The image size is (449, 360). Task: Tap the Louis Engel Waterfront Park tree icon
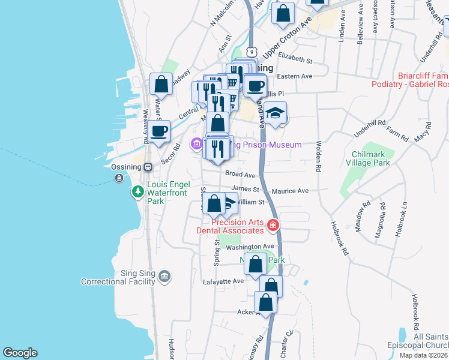click(x=138, y=191)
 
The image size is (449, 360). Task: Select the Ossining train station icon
click(x=147, y=167)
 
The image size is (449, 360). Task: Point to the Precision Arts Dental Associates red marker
click(x=273, y=226)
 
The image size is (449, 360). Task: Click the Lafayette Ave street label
click(x=223, y=281)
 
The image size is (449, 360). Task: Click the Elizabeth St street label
click(x=295, y=61)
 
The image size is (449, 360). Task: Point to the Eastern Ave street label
click(x=295, y=76)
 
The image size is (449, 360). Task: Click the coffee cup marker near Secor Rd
click(x=159, y=131)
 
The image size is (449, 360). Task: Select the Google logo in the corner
click(x=20, y=353)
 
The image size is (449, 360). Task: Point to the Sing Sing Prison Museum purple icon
click(x=197, y=145)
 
